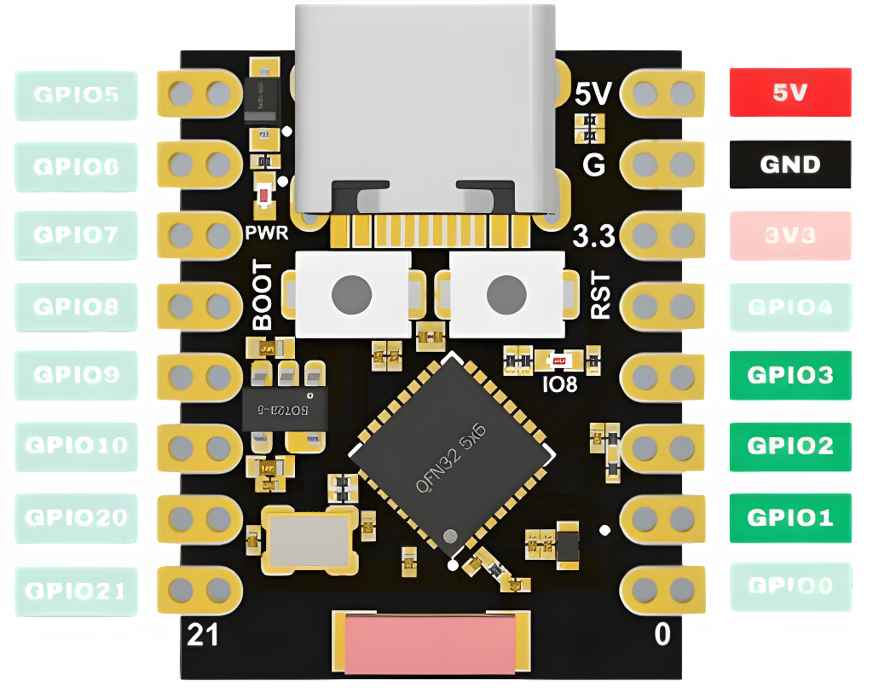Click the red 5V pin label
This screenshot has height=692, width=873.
pos(789,92)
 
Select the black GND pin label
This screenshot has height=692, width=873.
pos(789,164)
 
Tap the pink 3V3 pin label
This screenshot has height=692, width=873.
pos(789,234)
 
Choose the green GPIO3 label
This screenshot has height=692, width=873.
pos(789,375)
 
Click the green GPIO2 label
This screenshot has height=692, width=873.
pos(789,446)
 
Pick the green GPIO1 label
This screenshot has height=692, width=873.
pos(789,517)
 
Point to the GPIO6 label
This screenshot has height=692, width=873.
pos(76,165)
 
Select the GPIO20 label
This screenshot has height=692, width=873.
pos(76,517)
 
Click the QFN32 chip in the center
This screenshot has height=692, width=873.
pos(451,459)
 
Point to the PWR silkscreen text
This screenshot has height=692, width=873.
pos(267,233)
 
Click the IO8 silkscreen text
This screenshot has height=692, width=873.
pos(560,384)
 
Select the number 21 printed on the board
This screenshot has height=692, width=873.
pos(202,635)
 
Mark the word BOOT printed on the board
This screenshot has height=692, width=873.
pos(263,296)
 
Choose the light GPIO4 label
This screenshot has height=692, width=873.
pos(789,306)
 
